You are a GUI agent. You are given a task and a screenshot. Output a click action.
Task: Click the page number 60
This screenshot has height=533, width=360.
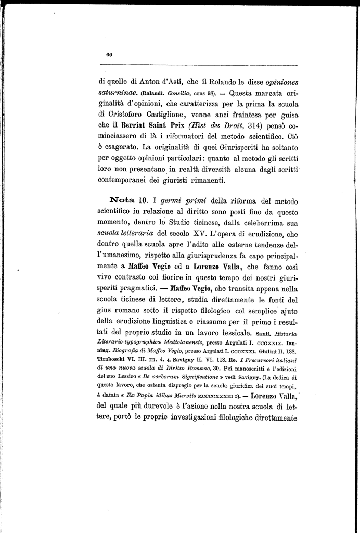[x=109, y=54]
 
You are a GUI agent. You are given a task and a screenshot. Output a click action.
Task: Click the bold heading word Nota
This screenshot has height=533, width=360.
[x=122, y=200]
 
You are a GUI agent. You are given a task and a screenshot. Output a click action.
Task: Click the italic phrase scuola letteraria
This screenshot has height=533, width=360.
[x=130, y=235]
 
